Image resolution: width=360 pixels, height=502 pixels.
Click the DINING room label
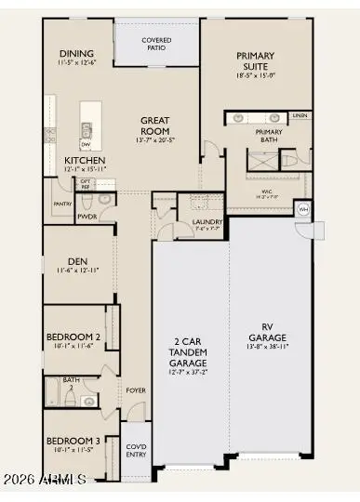[x=76, y=53]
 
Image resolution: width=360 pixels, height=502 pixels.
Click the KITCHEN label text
[x=85, y=161]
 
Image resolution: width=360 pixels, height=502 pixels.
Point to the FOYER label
[x=136, y=390]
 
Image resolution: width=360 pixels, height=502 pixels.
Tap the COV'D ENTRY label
[x=136, y=451]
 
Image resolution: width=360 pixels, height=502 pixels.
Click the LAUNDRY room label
[x=206, y=221]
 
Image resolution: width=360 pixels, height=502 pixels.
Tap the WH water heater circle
[x=303, y=209]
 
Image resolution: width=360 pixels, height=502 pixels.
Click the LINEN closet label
[x=299, y=116]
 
